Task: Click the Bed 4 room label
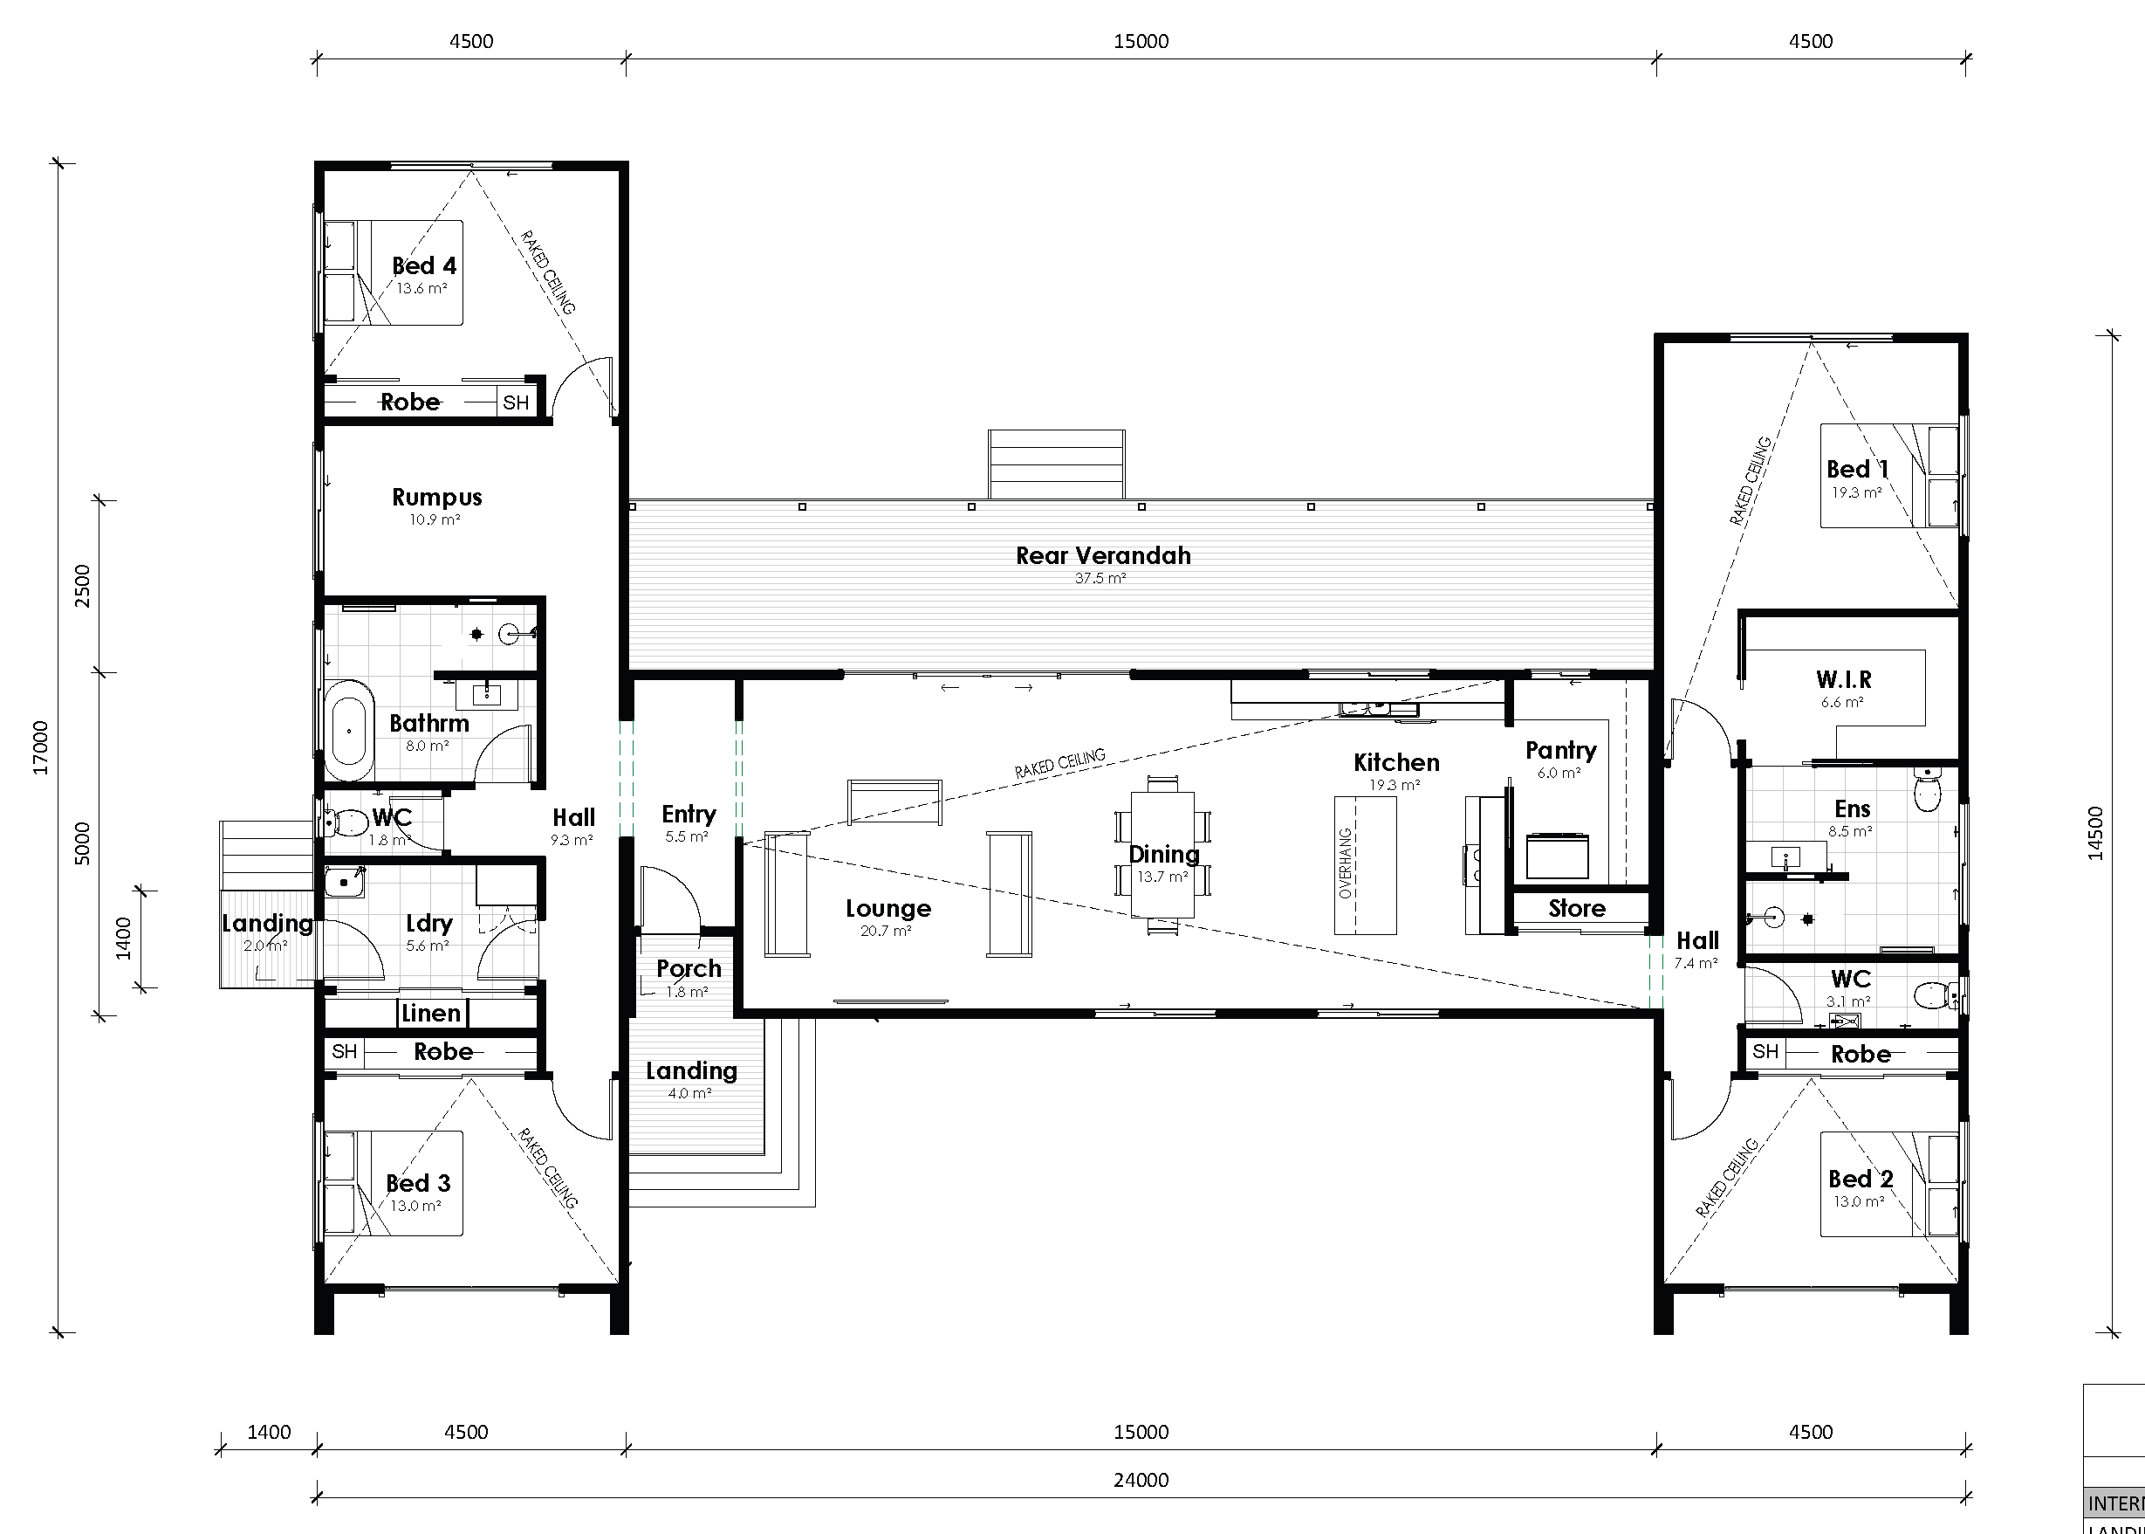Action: (424, 266)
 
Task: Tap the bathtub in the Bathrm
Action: (349, 731)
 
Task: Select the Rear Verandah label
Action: (1103, 555)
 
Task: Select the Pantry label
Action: (1560, 751)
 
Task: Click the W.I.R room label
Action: (1843, 679)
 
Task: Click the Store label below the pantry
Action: (1577, 909)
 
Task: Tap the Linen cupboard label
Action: (430, 1014)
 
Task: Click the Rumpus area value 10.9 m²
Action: (435, 520)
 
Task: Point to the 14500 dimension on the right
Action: (2096, 833)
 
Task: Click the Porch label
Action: (689, 969)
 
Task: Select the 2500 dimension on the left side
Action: (83, 586)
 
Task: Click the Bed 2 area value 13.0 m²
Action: (1859, 1202)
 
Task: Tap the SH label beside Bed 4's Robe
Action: (516, 403)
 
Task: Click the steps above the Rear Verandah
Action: (1056, 464)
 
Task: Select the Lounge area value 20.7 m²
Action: (886, 932)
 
